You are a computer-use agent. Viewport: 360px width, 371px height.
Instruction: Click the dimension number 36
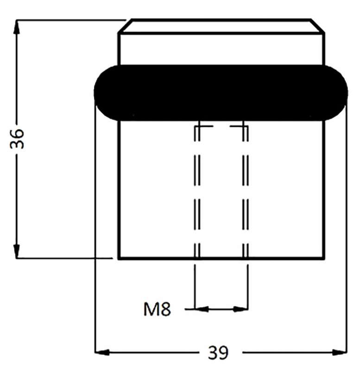point(17,139)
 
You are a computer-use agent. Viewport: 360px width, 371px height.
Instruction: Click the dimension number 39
point(218,352)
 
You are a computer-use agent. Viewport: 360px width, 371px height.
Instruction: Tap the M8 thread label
point(157,309)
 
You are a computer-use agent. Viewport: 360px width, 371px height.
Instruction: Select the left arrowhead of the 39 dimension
point(102,352)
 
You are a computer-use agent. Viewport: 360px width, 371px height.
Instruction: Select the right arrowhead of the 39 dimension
point(340,352)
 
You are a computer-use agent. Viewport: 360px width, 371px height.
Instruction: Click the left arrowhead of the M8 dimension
point(202,309)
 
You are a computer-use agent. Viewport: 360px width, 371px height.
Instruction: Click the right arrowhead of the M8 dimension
point(240,309)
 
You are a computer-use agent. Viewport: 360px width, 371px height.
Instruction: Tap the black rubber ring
point(221,93)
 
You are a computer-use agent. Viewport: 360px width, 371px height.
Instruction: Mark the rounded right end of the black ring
point(336,93)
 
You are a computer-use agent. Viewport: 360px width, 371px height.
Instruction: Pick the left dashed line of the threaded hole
point(197,192)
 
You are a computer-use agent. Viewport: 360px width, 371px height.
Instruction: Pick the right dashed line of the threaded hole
point(246,192)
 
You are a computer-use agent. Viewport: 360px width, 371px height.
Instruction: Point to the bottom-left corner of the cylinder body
point(119,259)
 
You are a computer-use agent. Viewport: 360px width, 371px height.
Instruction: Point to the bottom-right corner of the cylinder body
point(324,259)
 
